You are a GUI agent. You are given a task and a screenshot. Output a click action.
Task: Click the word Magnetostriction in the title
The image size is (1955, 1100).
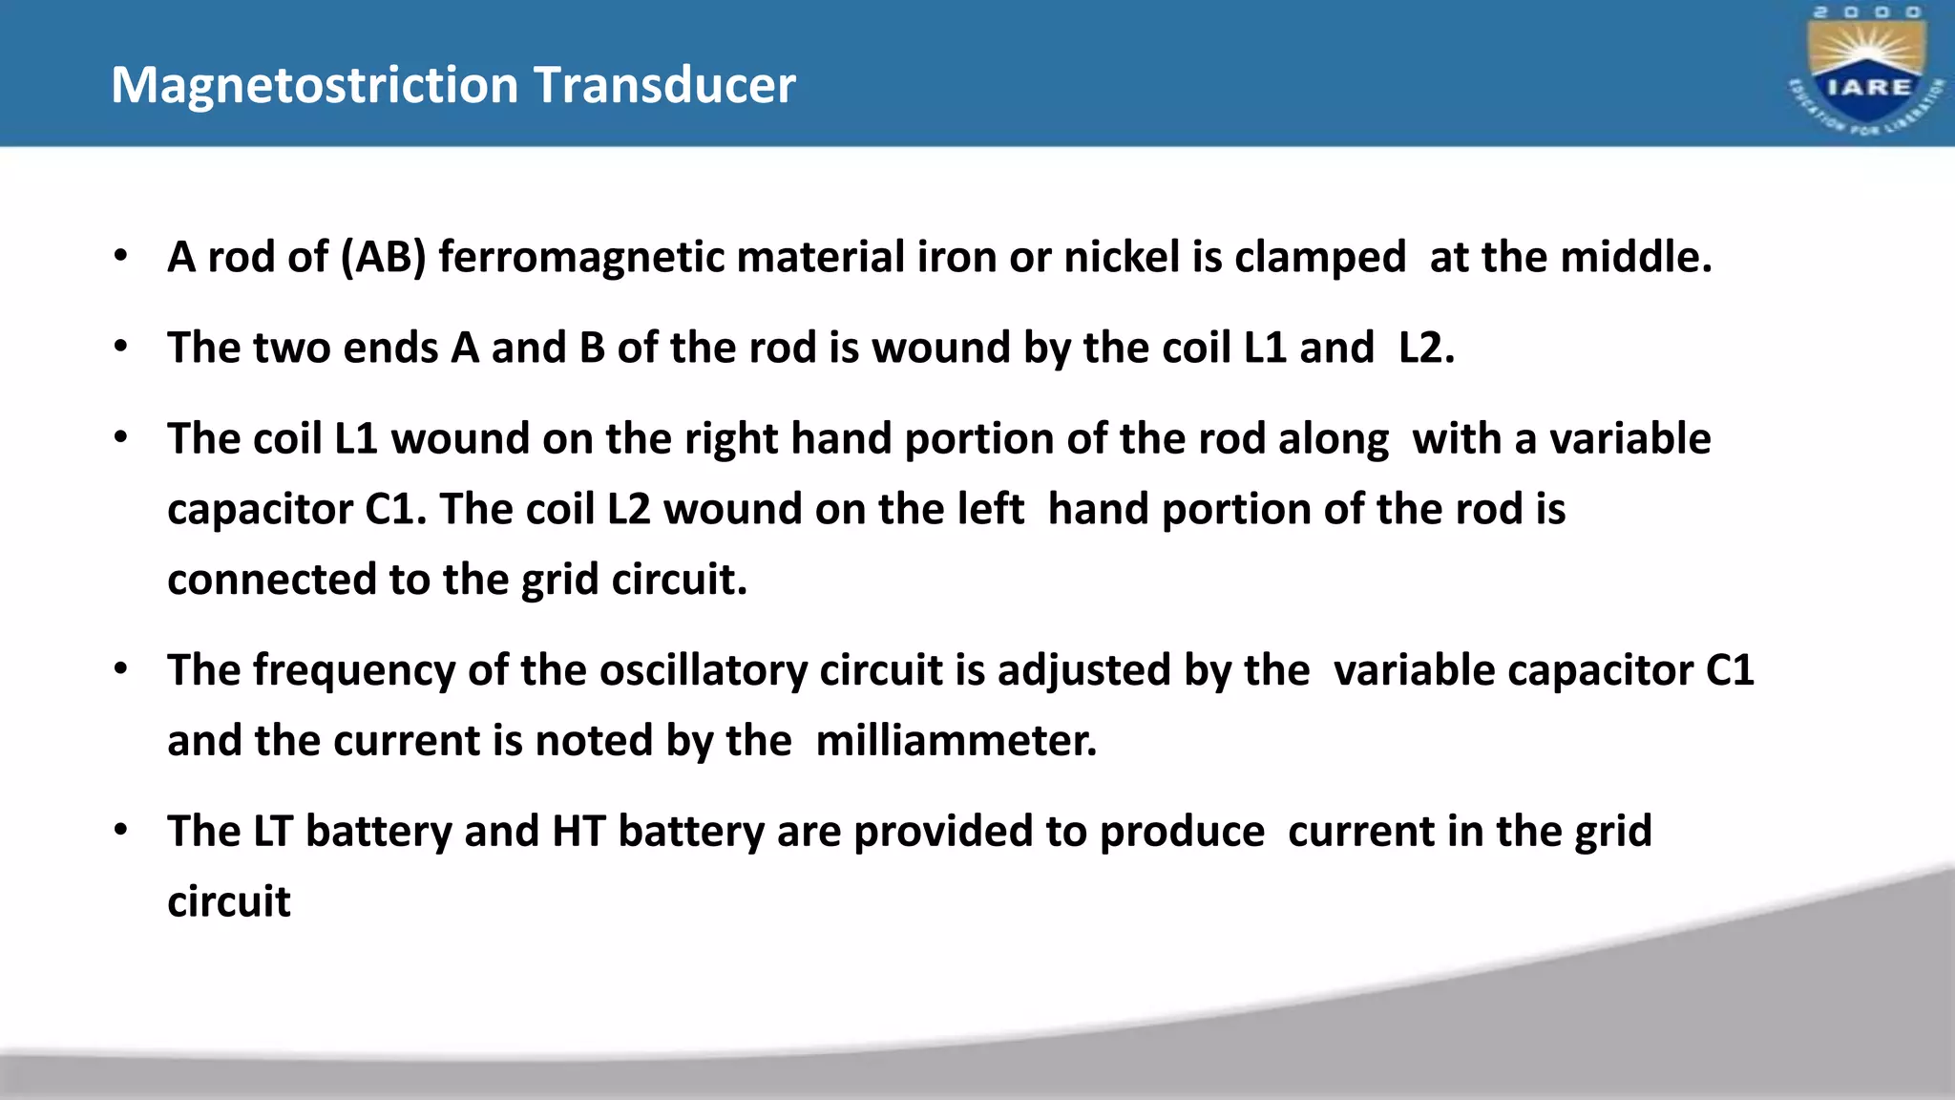[x=315, y=86]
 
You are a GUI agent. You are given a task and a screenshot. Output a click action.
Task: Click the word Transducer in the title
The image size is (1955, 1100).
[x=664, y=86]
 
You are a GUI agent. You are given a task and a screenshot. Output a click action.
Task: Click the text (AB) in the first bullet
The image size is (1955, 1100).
[x=383, y=258]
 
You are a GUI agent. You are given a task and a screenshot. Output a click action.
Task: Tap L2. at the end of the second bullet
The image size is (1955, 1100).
[x=1426, y=349]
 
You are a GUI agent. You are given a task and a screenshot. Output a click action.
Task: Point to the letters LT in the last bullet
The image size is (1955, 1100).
[x=273, y=832]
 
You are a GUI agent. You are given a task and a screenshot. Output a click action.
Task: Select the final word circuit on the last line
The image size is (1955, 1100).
[x=229, y=902]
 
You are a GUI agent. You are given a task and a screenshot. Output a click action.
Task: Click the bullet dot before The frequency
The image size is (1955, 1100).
[x=120, y=669]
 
